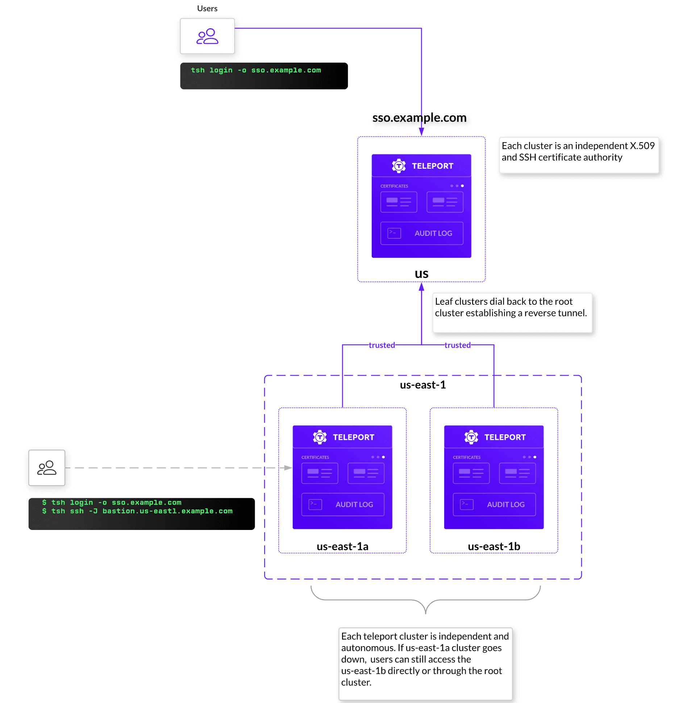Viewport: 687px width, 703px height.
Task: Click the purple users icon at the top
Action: coord(207,36)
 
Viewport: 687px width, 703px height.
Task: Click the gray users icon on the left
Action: coord(47,468)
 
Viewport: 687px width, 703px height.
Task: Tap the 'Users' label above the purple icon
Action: coord(207,8)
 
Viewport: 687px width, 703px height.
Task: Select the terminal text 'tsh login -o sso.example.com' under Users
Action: coord(256,70)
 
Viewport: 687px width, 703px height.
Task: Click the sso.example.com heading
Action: coord(419,118)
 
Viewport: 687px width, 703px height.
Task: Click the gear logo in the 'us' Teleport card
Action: coord(399,166)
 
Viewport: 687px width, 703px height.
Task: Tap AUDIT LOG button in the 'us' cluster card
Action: coord(422,233)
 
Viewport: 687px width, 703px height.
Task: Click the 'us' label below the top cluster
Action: coord(421,274)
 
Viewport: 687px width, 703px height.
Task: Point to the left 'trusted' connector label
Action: coord(382,345)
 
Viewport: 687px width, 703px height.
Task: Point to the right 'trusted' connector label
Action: coord(457,345)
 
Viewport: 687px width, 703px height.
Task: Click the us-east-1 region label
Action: coord(422,385)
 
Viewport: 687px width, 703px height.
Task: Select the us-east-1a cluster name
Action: coord(342,546)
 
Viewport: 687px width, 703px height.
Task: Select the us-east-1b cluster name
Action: coord(494,546)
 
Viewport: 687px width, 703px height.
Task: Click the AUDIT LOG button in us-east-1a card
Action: coord(343,504)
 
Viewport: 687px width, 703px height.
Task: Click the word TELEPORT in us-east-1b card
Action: coord(505,437)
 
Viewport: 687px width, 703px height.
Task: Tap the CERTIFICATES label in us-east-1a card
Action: coord(315,457)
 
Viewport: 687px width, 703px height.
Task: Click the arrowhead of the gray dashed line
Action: coord(288,468)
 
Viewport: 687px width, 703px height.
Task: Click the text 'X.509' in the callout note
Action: coord(642,146)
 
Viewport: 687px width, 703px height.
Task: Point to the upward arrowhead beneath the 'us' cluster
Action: coord(421,287)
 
